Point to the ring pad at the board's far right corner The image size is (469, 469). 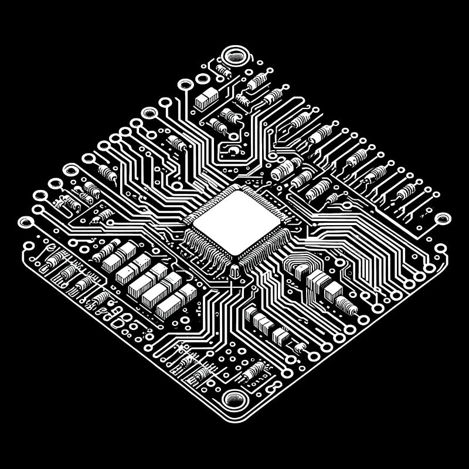(x=443, y=219)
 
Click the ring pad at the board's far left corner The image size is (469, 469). (x=26, y=222)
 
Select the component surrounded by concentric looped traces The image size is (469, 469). (x=301, y=271)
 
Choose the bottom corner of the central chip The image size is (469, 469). (x=236, y=258)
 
